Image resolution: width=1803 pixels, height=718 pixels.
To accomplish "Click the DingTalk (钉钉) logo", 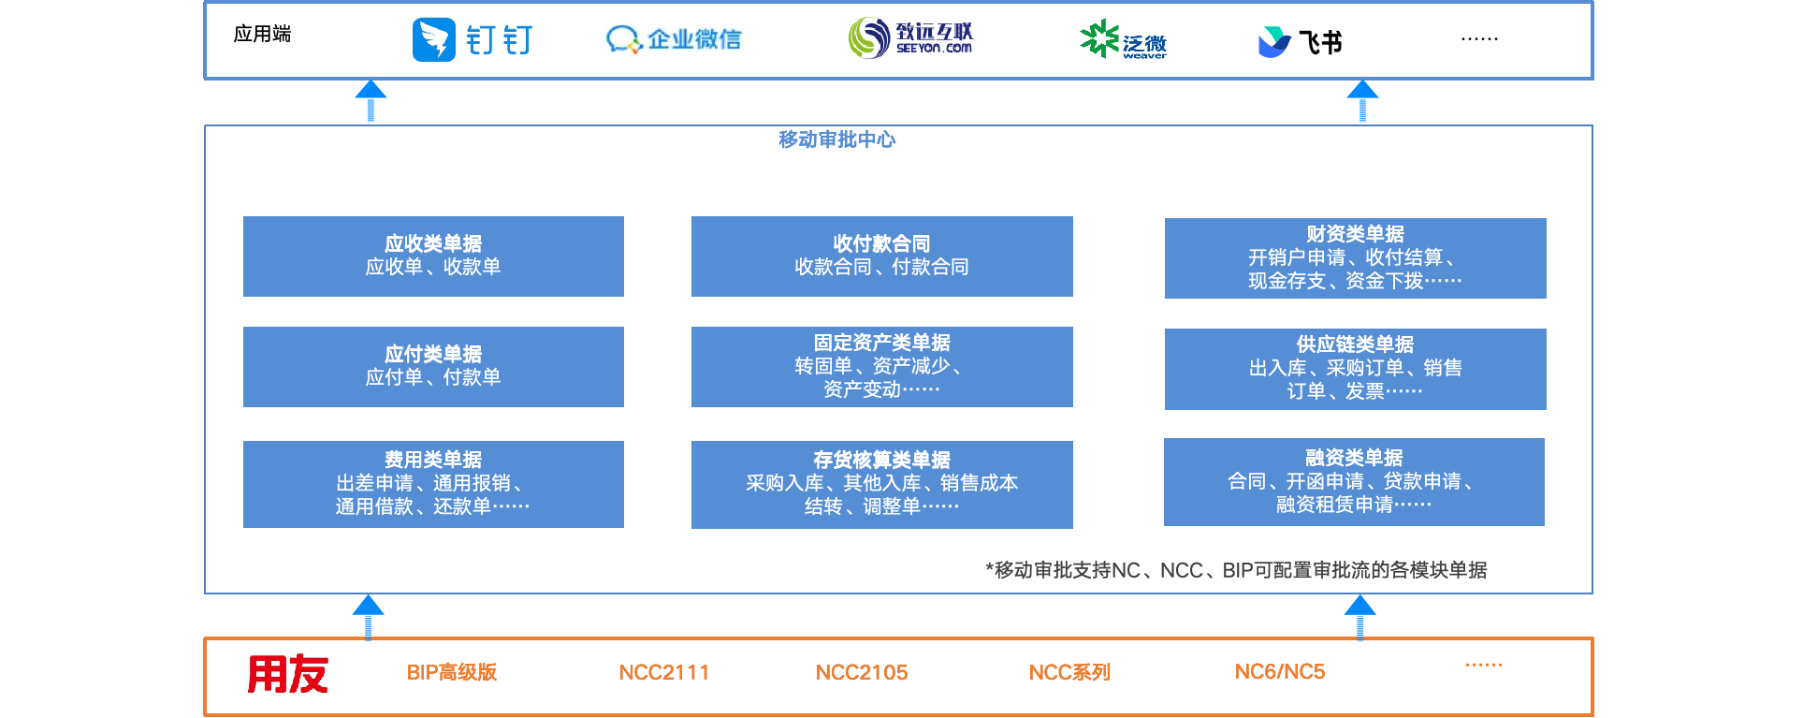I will (473, 40).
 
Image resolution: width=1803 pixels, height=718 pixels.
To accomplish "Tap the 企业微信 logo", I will (674, 39).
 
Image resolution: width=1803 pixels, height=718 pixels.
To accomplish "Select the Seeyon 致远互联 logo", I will (910, 37).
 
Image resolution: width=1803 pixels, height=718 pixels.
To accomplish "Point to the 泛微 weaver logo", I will (1123, 40).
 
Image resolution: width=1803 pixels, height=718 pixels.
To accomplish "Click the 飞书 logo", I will (1300, 41).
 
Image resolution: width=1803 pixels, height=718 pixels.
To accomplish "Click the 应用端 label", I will (262, 35).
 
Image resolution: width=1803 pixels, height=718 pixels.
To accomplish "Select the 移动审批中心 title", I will (836, 139).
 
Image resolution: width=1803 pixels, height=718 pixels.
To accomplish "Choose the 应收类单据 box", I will (433, 256).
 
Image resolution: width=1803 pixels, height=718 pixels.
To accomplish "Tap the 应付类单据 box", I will (433, 367).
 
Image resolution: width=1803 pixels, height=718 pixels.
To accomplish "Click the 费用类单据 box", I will (433, 484).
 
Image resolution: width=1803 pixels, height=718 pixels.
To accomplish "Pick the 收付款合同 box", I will (881, 256).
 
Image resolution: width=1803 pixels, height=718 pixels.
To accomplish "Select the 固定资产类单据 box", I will (881, 367).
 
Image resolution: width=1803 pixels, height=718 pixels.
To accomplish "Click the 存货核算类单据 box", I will (881, 484).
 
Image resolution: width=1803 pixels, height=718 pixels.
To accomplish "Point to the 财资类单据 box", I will (1355, 258).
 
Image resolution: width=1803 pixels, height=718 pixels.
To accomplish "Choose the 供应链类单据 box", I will (1355, 369).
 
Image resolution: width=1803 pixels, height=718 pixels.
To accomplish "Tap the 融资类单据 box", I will (1354, 482).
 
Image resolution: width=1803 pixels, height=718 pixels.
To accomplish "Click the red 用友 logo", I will (287, 674).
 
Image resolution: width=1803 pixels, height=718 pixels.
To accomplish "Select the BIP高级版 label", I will (451, 672).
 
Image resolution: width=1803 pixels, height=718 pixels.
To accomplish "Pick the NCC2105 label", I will (861, 672).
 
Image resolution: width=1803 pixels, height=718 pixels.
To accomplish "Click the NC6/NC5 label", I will (1279, 671).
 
